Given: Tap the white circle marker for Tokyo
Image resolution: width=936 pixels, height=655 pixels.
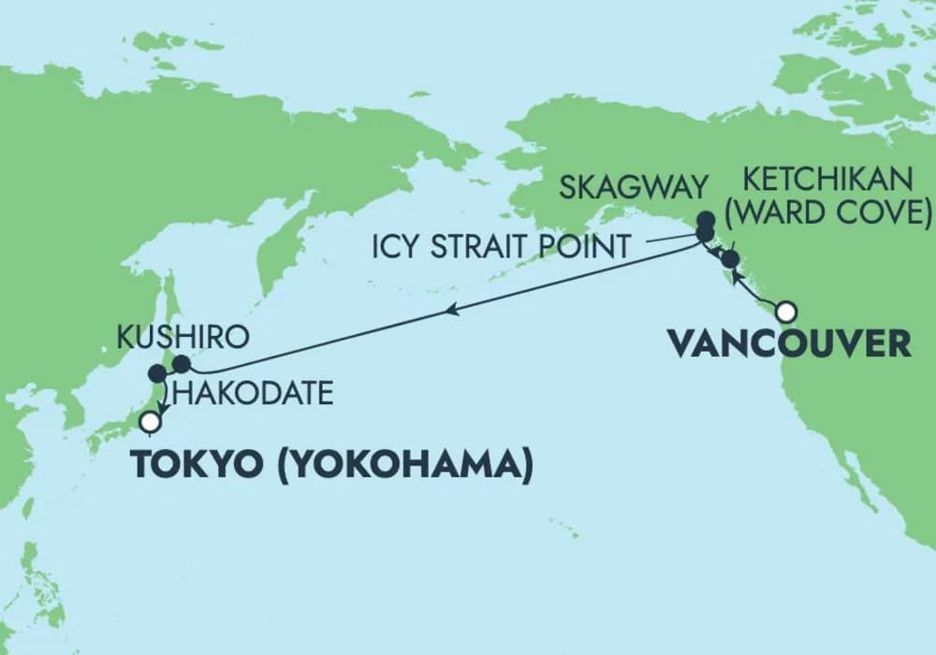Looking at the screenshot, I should click(x=149, y=422).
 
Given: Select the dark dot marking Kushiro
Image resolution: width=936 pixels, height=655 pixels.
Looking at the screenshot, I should click(x=182, y=363).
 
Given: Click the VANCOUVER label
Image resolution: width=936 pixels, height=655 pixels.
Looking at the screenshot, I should click(x=789, y=343).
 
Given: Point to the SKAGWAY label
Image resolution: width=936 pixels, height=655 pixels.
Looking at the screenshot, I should click(x=632, y=187).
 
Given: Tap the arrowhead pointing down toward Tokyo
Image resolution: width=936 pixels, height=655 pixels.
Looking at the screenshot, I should click(x=163, y=404).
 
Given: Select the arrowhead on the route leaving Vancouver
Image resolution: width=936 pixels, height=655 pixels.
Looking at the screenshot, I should click(x=736, y=274).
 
